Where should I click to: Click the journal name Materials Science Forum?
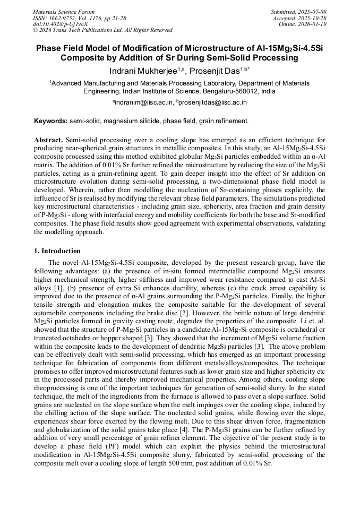click(x=64, y=12)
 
